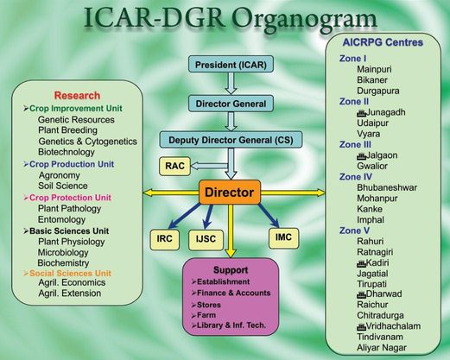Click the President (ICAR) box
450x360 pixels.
pyautogui.click(x=231, y=64)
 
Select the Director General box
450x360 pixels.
pyautogui.click(x=231, y=104)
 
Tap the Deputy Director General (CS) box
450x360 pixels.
pyautogui.click(x=231, y=140)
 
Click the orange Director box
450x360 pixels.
pyautogui.click(x=230, y=193)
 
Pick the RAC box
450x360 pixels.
pyautogui.click(x=174, y=166)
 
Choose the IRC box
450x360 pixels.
pyautogui.click(x=165, y=239)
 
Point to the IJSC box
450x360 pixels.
pyautogui.click(x=206, y=239)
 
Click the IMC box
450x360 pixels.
pyautogui.click(x=283, y=237)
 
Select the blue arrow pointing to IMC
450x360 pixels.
pyautogui.click(x=269, y=216)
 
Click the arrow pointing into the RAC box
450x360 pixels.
pyautogui.click(x=209, y=166)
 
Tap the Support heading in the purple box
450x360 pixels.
pyautogui.click(x=231, y=270)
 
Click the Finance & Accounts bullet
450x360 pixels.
pyautogui.click(x=231, y=293)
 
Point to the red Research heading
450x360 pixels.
pyautogui.click(x=77, y=96)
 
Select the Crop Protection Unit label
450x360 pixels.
pyautogui.click(x=67, y=198)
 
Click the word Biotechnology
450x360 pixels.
pyautogui.click(x=67, y=152)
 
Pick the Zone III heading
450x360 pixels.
pyautogui.click(x=355, y=144)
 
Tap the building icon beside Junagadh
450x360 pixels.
pyautogui.click(x=361, y=113)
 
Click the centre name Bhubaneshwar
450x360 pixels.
pyautogui.click(x=387, y=187)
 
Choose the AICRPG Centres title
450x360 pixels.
pyautogui.click(x=383, y=42)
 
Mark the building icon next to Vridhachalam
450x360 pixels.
pyautogui.click(x=361, y=326)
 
